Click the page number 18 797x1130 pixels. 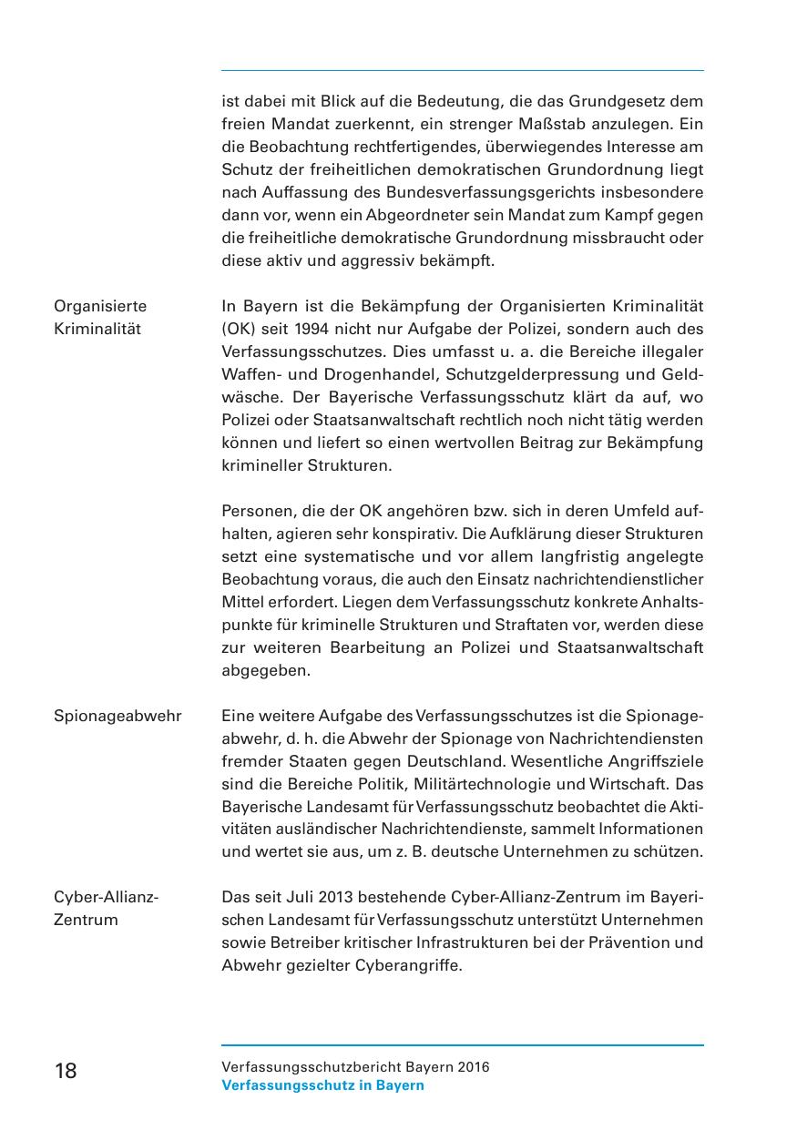[66, 1071]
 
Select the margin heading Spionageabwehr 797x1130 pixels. [118, 716]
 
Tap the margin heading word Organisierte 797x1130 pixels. [100, 306]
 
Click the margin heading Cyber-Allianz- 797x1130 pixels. [107, 897]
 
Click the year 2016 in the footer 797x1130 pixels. [474, 1067]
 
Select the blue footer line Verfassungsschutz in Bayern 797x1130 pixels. [322, 1085]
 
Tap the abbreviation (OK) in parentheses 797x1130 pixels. [239, 329]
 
